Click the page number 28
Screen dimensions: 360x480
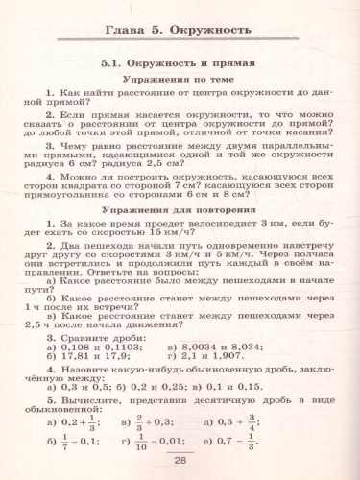point(180,461)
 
